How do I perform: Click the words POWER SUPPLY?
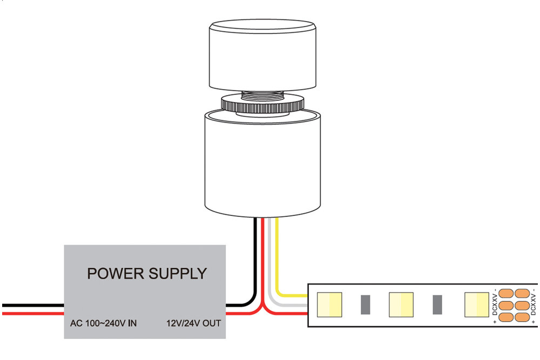click(x=147, y=274)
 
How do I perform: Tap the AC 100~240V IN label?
click(x=103, y=324)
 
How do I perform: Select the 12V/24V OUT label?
click(x=193, y=324)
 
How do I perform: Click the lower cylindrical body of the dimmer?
click(x=262, y=162)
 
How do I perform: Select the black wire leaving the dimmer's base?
click(x=256, y=254)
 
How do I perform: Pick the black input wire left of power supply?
click(x=32, y=305)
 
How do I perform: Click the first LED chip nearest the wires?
click(x=329, y=305)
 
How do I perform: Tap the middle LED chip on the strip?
click(x=401, y=305)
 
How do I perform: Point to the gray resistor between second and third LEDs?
click(x=437, y=305)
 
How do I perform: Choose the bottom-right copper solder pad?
click(x=521, y=317)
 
